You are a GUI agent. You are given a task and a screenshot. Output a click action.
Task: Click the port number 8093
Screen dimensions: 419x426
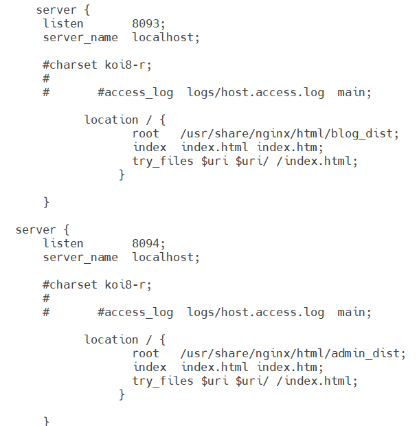[146, 24]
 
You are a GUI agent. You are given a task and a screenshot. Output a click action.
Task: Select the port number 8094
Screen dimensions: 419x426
[146, 244]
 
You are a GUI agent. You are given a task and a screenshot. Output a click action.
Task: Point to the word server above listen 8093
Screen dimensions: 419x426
[56, 10]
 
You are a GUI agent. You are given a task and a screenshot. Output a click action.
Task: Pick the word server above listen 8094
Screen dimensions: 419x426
[36, 230]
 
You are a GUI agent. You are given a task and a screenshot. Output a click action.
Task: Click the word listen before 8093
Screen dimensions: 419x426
[63, 23]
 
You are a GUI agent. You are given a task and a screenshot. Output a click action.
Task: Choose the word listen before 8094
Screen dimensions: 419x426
[63, 243]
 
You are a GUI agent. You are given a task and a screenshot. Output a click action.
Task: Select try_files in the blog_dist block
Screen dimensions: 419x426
[163, 161]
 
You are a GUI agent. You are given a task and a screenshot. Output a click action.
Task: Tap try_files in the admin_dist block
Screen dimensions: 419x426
[163, 381]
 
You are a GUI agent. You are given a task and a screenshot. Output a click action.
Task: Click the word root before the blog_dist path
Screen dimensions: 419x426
[146, 134]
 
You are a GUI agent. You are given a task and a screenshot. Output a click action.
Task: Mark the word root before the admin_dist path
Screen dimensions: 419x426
[146, 354]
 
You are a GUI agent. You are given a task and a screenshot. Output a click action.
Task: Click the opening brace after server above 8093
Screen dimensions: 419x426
[87, 10]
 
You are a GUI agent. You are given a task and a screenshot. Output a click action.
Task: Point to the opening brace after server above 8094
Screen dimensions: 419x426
[66, 230]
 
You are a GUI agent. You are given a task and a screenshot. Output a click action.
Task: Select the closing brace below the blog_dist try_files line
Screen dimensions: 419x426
[122, 175]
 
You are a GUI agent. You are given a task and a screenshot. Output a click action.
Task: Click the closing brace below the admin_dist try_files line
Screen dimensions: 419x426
[122, 395]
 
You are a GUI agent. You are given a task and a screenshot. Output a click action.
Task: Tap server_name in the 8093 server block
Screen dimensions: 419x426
[80, 38]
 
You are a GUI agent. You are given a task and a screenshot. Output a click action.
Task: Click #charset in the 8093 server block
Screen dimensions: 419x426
[70, 65]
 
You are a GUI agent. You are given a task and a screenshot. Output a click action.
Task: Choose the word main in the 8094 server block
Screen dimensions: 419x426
[351, 312]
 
